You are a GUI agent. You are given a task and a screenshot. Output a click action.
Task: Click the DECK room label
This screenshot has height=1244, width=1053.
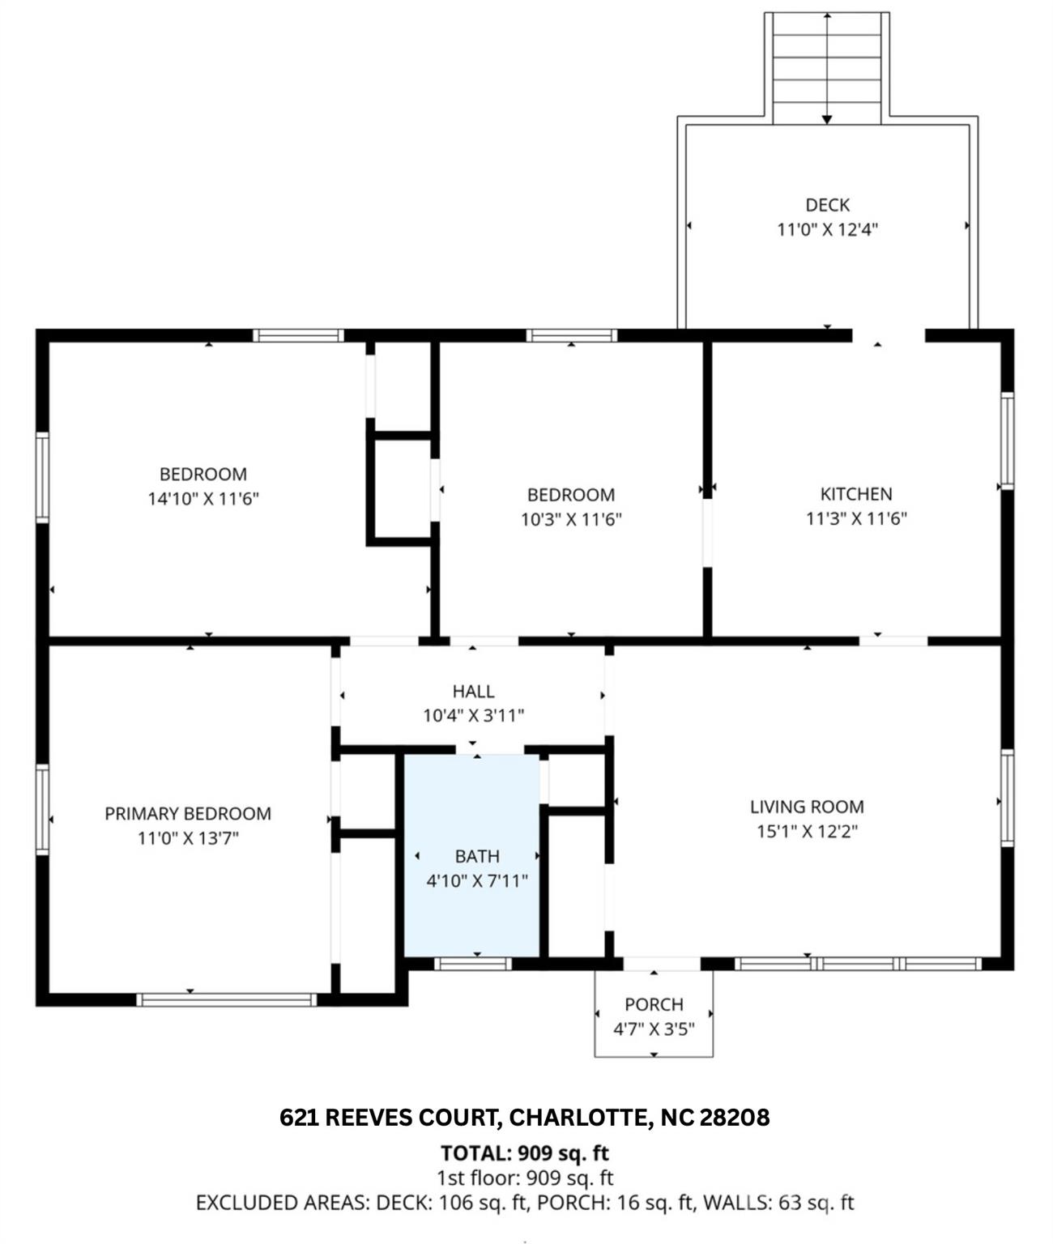point(827,205)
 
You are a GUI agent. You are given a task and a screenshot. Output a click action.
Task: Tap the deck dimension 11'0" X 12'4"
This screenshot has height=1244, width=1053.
point(827,229)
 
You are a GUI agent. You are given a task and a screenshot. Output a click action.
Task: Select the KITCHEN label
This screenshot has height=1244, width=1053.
point(855,494)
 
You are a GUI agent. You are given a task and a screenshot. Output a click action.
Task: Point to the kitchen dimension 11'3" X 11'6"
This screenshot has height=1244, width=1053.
point(855,518)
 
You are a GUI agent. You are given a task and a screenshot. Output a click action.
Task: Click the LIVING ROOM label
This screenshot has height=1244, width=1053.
point(806,807)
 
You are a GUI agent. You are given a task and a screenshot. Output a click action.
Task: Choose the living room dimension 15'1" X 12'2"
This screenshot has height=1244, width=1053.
point(806,831)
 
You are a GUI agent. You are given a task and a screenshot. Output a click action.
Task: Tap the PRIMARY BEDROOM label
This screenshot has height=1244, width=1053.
point(188,813)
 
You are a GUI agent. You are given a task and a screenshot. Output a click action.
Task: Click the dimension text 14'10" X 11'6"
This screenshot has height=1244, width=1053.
point(202,498)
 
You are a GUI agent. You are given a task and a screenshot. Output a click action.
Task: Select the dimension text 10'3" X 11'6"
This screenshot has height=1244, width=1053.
point(570,519)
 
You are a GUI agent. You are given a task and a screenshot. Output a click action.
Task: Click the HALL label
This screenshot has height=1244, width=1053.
point(473,691)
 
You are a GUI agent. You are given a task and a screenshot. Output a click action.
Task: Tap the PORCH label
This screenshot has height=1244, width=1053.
point(654,1004)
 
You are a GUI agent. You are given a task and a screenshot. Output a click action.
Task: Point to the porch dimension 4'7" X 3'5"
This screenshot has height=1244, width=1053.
point(654,1029)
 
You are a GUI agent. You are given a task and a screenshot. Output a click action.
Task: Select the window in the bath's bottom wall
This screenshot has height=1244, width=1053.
point(472,964)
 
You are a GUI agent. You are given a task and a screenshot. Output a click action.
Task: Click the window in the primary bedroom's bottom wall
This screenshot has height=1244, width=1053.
point(227,999)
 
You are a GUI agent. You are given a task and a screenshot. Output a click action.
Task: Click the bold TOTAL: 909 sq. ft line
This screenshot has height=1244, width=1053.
point(525,1152)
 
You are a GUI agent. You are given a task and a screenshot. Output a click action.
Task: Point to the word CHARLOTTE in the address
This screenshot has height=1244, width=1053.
point(578,1118)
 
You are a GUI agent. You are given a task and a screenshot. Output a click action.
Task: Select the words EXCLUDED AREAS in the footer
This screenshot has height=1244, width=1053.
point(281,1203)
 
